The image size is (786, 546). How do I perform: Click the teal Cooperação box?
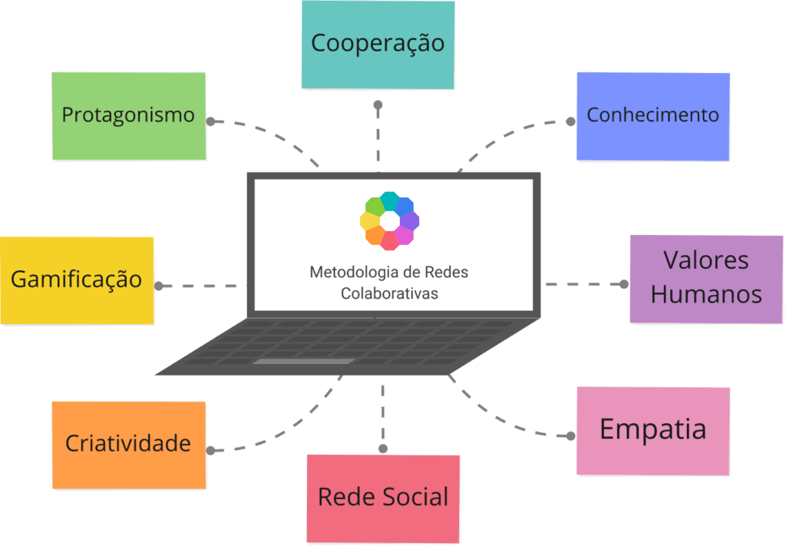pyautogui.click(x=378, y=44)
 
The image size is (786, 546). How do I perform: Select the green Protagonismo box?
pyautogui.click(x=128, y=116)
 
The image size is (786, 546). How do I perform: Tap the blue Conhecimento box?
pyautogui.click(x=652, y=116)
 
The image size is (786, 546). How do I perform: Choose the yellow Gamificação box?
pyautogui.click(x=76, y=280)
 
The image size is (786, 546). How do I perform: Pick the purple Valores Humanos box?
pyautogui.click(x=706, y=278)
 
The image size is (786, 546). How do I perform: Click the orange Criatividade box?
pyautogui.click(x=128, y=444)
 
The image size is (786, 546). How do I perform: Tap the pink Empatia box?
pyautogui.click(x=652, y=430)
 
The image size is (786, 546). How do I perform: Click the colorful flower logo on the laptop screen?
pyautogui.click(x=389, y=220)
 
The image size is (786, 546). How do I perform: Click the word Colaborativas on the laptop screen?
pyautogui.click(x=389, y=293)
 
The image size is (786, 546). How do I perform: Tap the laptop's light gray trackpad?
pyautogui.click(x=304, y=361)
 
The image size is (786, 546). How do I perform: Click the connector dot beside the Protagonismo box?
pyautogui.click(x=210, y=121)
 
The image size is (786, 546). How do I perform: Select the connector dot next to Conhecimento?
pyautogui.click(x=570, y=121)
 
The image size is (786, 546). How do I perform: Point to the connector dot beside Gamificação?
pyautogui.click(x=158, y=286)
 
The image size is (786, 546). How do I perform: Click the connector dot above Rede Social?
pyautogui.click(x=382, y=448)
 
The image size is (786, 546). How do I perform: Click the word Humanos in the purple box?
pyautogui.click(x=706, y=294)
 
